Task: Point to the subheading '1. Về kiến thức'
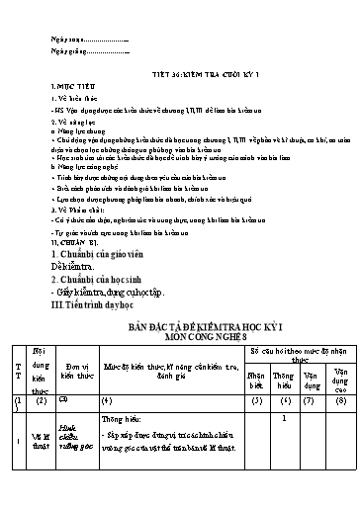tap(73, 100)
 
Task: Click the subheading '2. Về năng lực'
tap(71, 123)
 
